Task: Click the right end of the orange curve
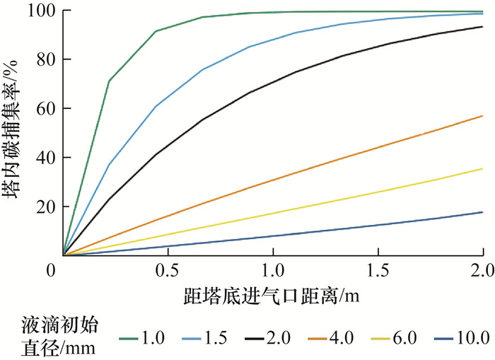pos(483,115)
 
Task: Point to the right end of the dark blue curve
pos(483,212)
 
